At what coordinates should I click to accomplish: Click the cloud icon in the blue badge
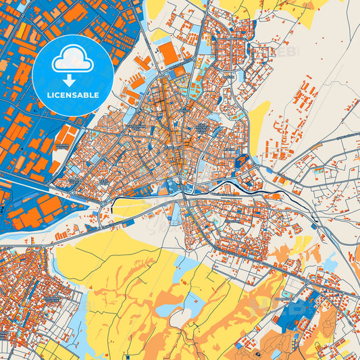[x=72, y=60]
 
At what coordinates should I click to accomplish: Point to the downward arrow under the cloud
[x=72, y=81]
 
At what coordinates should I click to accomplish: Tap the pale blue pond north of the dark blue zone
[x=330, y=263]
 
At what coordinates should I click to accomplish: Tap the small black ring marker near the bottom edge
[x=257, y=353]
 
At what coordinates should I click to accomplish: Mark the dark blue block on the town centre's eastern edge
[x=242, y=161]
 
